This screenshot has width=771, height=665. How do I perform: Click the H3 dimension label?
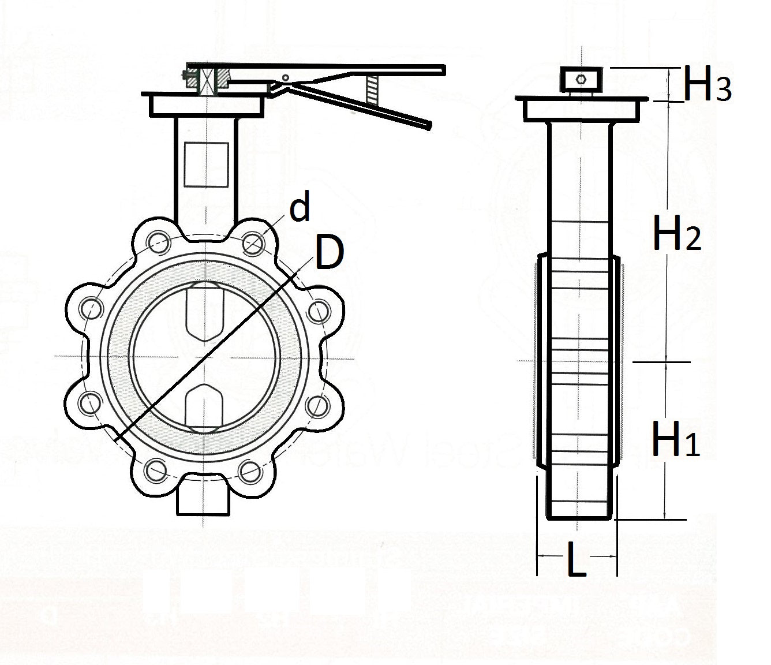[x=707, y=86]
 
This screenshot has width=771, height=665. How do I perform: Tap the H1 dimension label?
[x=675, y=439]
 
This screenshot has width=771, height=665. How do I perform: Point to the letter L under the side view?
[x=575, y=559]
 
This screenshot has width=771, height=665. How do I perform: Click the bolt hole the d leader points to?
[x=253, y=243]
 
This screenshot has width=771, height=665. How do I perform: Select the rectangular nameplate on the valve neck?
[x=206, y=165]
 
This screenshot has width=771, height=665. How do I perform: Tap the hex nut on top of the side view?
[x=581, y=78]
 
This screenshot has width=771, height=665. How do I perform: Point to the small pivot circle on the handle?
[x=285, y=77]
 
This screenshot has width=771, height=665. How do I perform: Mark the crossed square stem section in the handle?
[x=206, y=80]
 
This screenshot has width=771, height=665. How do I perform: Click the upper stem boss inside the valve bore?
[x=205, y=313]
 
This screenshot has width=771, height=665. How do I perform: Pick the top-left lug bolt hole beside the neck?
[x=157, y=242]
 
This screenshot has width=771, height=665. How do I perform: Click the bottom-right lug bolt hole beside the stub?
[x=253, y=470]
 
